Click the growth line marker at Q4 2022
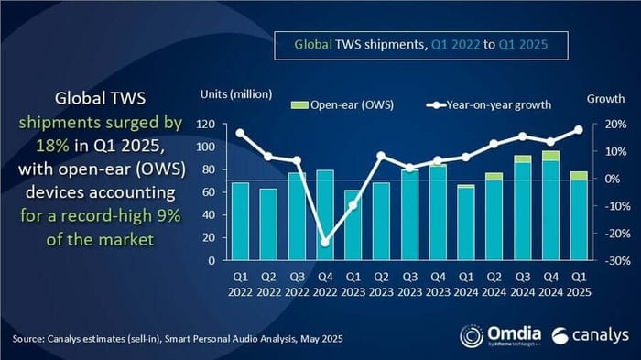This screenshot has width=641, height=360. [325, 242]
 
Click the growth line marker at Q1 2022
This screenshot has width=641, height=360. [240, 133]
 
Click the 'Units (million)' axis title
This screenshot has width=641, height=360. [235, 94]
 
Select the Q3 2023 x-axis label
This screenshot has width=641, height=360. [409, 282]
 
